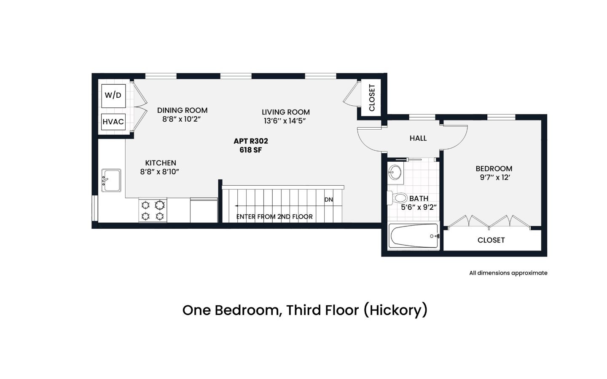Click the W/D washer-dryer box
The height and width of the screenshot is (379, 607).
tap(113, 96)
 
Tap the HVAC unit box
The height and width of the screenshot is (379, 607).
tap(113, 122)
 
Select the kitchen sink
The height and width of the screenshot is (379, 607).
tap(111, 180)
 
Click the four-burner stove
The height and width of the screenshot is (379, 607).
tap(153, 211)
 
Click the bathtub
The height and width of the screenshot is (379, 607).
tap(414, 236)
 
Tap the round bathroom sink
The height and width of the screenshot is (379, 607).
tap(395, 172)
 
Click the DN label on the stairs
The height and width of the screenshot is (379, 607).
tap(328, 200)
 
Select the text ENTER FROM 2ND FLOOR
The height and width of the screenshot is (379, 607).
tap(274, 216)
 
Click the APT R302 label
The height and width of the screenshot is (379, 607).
tap(251, 141)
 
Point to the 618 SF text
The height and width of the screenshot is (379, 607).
tap(251, 150)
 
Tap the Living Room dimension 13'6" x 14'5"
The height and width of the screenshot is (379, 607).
tap(285, 121)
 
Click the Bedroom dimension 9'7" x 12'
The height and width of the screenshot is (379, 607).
tap(495, 178)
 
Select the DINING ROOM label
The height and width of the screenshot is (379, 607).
tap(183, 110)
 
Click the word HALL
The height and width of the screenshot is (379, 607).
tap(418, 138)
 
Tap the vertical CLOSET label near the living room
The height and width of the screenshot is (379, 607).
tap(372, 98)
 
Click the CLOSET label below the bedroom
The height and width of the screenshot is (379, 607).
tap(491, 240)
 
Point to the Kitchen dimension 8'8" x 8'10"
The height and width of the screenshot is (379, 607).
tap(160, 172)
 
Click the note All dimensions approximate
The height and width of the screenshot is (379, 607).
tap(508, 273)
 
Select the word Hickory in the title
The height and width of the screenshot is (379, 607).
tap(395, 310)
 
